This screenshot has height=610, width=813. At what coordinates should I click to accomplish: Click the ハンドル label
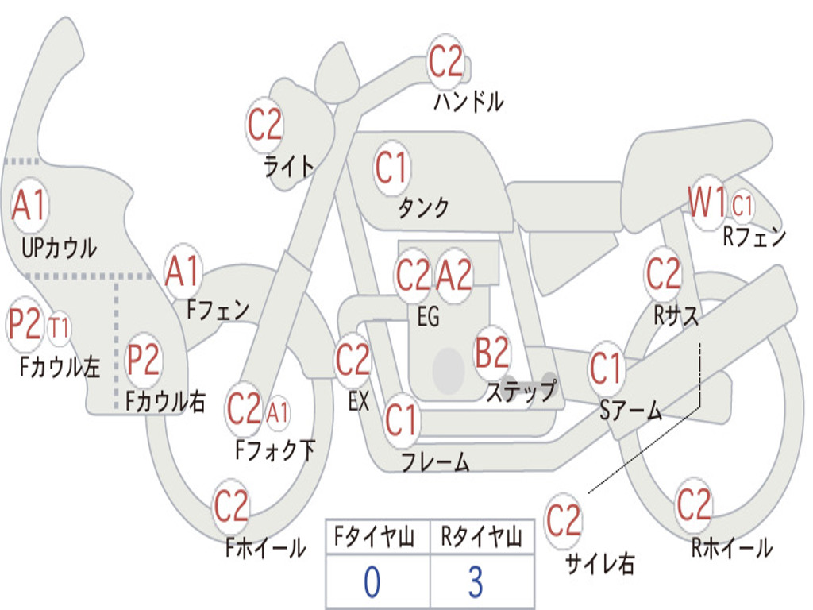point(468,102)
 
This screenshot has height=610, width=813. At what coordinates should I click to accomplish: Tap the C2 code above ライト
point(264,124)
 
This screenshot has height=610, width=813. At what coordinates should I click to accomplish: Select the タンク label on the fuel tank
point(423,207)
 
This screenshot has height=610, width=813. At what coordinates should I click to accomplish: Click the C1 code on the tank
point(391,168)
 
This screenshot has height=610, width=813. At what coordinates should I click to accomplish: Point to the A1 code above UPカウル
point(30,207)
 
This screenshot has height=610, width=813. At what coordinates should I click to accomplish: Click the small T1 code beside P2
point(60,327)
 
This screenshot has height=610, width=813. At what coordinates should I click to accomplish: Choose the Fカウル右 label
point(166,402)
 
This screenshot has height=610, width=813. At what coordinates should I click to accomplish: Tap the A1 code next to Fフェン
point(183,272)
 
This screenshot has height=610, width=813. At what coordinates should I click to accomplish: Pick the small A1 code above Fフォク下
point(278,412)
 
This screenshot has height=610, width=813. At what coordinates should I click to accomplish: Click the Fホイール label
point(265,548)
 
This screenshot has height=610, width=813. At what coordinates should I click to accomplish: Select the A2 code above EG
point(455,276)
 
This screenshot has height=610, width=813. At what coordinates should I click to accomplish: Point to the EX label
point(359,402)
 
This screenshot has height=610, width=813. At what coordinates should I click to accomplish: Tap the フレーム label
point(435,461)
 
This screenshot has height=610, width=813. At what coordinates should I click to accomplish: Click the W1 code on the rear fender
point(706,205)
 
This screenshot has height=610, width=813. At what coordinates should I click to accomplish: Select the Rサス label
point(676,316)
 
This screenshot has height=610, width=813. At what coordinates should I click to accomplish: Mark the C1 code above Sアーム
point(607,369)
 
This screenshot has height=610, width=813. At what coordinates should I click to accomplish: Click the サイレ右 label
point(599,563)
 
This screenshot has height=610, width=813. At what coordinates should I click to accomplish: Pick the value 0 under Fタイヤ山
point(371,582)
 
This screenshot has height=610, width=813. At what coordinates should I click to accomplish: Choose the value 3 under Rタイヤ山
point(475,582)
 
